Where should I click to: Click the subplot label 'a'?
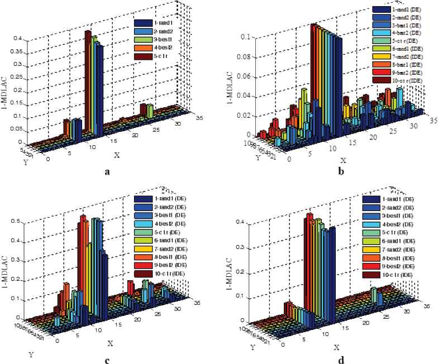coord(107,172)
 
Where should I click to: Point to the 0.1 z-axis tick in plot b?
coord(247,37)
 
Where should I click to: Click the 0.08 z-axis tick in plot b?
coord(246,57)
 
